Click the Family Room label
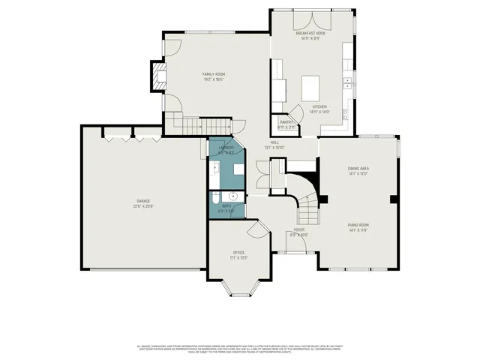tap(214, 74)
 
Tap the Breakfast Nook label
tap(310, 33)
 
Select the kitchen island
tap(312, 88)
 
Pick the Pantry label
tap(286, 121)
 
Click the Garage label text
tap(143, 201)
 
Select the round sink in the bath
tap(232, 196)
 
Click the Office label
tap(239, 253)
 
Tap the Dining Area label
tap(357, 169)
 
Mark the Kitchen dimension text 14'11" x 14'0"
tap(319, 112)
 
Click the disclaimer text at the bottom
tap(240, 348)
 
